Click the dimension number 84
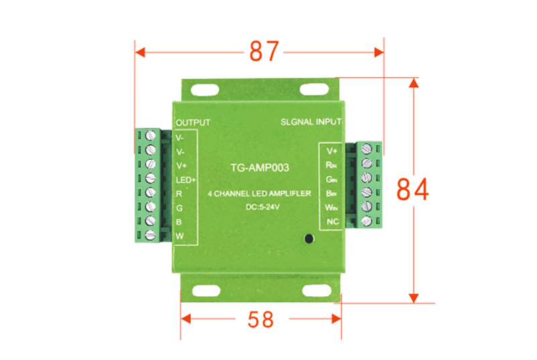(x=413, y=190)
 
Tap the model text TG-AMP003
(x=258, y=168)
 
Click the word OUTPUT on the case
(x=193, y=123)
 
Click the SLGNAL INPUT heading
(x=310, y=123)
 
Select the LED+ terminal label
(x=185, y=179)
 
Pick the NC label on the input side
(x=331, y=222)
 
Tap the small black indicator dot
(x=308, y=238)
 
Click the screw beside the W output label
(x=150, y=234)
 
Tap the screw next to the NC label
(x=367, y=221)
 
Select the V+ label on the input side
(x=332, y=150)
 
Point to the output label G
(x=179, y=208)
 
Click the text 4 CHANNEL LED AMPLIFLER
(x=258, y=193)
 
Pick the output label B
(x=179, y=222)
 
